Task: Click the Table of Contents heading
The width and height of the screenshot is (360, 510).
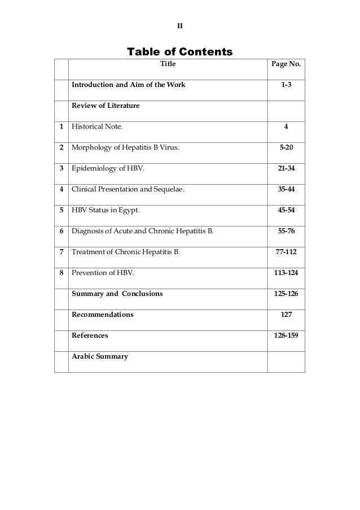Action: [179, 52]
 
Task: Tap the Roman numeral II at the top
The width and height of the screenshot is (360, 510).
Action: [180, 26]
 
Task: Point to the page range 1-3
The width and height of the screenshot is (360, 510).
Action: [286, 85]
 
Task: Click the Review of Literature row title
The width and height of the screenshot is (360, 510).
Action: [105, 106]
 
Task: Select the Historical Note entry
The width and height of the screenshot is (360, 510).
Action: [96, 127]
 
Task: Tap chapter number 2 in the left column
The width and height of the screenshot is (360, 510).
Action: [61, 147]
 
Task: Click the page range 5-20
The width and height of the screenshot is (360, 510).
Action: [286, 147]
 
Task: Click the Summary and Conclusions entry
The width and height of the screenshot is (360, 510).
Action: [117, 294]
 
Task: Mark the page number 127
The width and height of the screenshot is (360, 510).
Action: [286, 315]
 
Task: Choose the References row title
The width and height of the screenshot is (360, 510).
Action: [90, 335]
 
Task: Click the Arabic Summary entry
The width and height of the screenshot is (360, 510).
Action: [99, 356]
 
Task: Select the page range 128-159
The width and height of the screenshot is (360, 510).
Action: [286, 335]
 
